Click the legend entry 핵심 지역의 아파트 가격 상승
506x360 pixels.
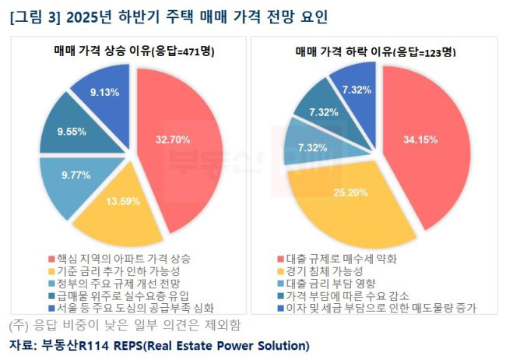pos(119,257)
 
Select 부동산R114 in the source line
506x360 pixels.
pos(72,344)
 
